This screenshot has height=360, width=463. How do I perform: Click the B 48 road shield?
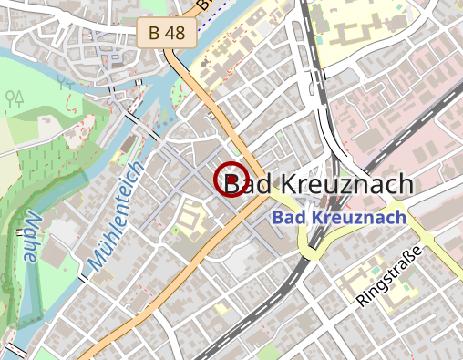(166, 33)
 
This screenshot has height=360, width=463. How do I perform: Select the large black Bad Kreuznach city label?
(319, 184)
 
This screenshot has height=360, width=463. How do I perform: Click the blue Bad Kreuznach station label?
(339, 218)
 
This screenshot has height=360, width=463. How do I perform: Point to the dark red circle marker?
(231, 179)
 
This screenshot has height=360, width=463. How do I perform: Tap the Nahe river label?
(29, 239)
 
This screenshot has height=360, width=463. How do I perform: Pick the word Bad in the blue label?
(289, 218)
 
